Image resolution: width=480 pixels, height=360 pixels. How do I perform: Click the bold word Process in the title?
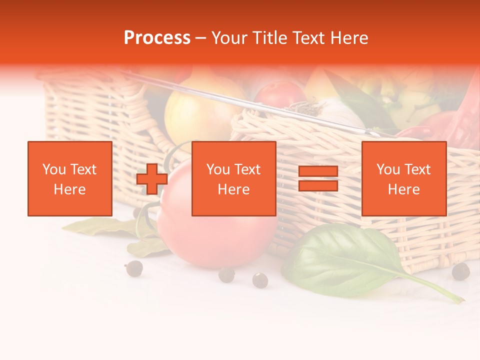(x=157, y=38)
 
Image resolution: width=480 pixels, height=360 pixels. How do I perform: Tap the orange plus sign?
(x=152, y=178)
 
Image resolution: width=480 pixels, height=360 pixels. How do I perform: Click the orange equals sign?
(x=318, y=178)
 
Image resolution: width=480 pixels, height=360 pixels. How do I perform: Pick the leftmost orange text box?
(x=70, y=178)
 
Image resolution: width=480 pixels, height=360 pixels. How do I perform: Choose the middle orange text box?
(x=234, y=178)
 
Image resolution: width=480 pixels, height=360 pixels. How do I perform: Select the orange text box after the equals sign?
(x=404, y=178)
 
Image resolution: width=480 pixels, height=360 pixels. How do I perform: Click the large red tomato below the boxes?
(x=215, y=230)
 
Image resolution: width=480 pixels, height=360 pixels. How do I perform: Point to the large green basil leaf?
(x=345, y=257)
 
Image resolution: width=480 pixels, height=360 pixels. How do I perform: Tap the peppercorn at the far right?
(x=460, y=271)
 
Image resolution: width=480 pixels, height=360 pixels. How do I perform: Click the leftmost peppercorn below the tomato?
(x=133, y=268)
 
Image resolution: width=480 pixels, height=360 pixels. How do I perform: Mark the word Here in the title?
(x=348, y=38)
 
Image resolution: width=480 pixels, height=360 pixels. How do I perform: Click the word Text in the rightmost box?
(x=418, y=169)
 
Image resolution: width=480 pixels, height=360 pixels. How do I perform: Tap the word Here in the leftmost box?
(x=70, y=189)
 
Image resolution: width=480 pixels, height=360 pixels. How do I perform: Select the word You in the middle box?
(x=218, y=169)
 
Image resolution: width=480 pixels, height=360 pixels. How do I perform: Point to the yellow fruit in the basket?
(x=192, y=117)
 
